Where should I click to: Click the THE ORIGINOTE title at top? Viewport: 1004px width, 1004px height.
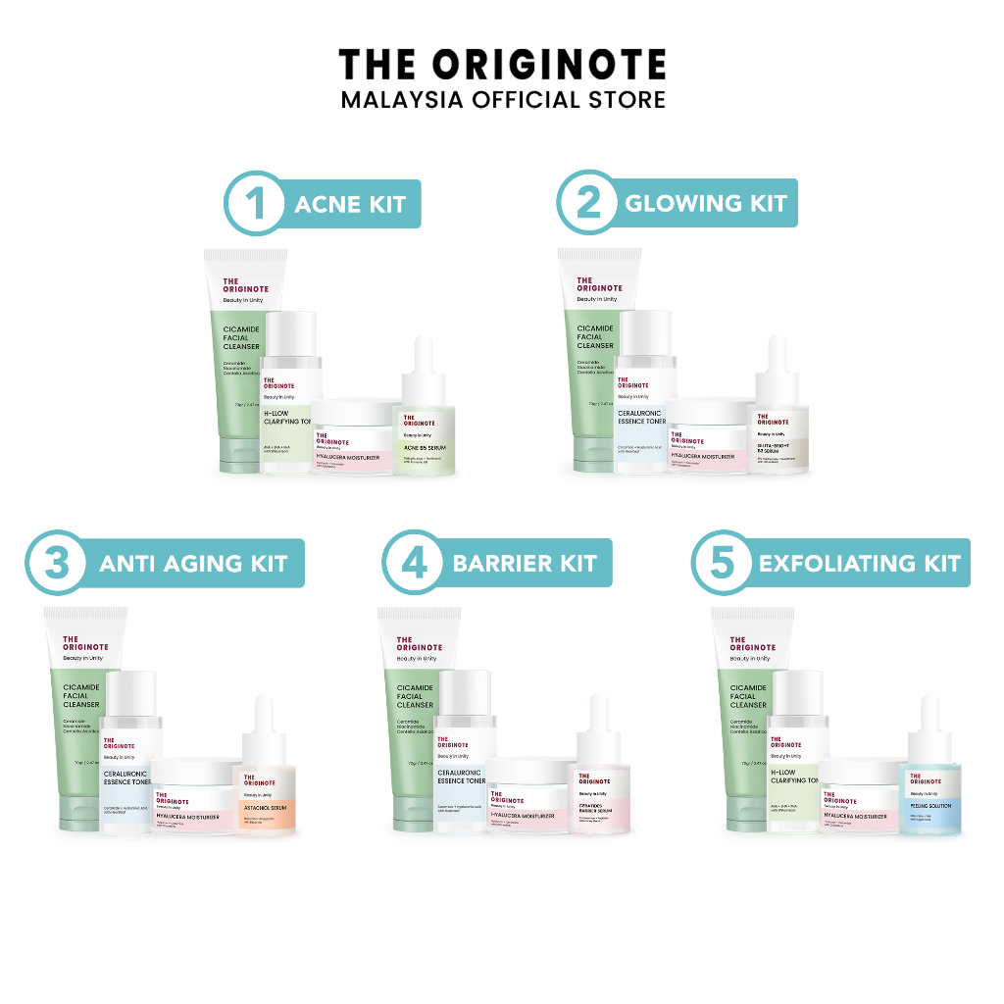pos(502,65)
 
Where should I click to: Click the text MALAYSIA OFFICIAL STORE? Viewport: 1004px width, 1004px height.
pos(502,100)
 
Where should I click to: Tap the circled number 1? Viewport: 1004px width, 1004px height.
pos(257,205)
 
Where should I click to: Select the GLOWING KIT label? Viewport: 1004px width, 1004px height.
pos(706,204)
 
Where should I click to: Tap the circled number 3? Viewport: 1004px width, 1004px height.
pos(58,563)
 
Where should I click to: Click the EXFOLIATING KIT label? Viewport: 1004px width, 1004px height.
pos(860,564)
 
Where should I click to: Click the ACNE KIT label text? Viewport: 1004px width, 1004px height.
pos(350,204)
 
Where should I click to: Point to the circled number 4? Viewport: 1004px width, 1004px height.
pos(411,564)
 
